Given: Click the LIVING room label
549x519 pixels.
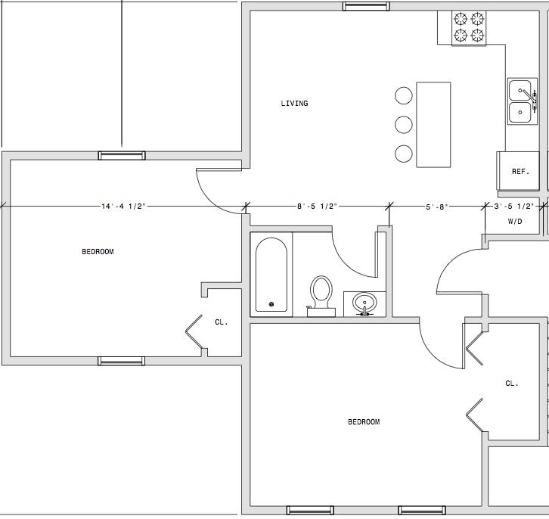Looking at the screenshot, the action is pyautogui.click(x=294, y=104).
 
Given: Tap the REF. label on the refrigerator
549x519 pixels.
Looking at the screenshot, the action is pyautogui.click(x=520, y=172).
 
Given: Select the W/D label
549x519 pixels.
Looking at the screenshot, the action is pyautogui.click(x=515, y=222).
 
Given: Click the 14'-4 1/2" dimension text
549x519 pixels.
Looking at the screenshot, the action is pyautogui.click(x=123, y=207).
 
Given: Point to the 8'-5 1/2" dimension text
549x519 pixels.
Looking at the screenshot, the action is pyautogui.click(x=317, y=207).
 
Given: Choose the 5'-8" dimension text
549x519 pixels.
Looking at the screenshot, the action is pyautogui.click(x=437, y=207).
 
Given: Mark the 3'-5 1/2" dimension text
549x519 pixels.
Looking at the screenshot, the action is pyautogui.click(x=514, y=207).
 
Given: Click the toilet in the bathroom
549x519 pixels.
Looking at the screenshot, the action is pyautogui.click(x=321, y=297).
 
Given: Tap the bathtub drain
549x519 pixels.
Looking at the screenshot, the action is pyautogui.click(x=271, y=304).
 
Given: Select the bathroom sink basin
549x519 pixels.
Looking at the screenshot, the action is pyautogui.click(x=364, y=302).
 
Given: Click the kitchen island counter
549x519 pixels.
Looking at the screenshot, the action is pyautogui.click(x=433, y=125).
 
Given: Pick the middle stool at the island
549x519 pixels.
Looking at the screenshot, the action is pyautogui.click(x=404, y=125).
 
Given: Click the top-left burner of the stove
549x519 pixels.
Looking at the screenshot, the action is pyautogui.click(x=461, y=19).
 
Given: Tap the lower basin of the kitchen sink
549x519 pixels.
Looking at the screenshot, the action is pyautogui.click(x=520, y=113).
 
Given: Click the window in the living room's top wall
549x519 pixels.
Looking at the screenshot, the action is pyautogui.click(x=366, y=6).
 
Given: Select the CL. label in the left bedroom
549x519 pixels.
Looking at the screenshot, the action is pyautogui.click(x=222, y=322).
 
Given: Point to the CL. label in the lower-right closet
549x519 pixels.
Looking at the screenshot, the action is pyautogui.click(x=512, y=384).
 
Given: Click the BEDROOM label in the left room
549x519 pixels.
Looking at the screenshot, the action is pyautogui.click(x=98, y=251).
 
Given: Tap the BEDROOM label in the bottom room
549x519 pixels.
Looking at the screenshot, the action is pyautogui.click(x=364, y=421).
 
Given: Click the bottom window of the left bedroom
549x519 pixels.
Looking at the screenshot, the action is pyautogui.click(x=122, y=361).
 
